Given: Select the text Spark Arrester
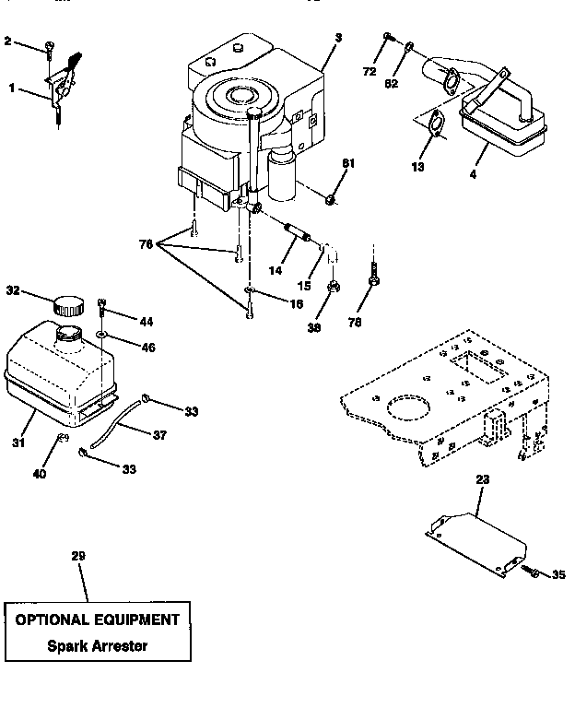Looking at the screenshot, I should click(x=97, y=645).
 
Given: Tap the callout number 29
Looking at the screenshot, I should click(x=77, y=557).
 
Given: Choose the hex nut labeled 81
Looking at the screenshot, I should click(x=331, y=195).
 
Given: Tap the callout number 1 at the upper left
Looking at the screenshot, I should click(x=11, y=88).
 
